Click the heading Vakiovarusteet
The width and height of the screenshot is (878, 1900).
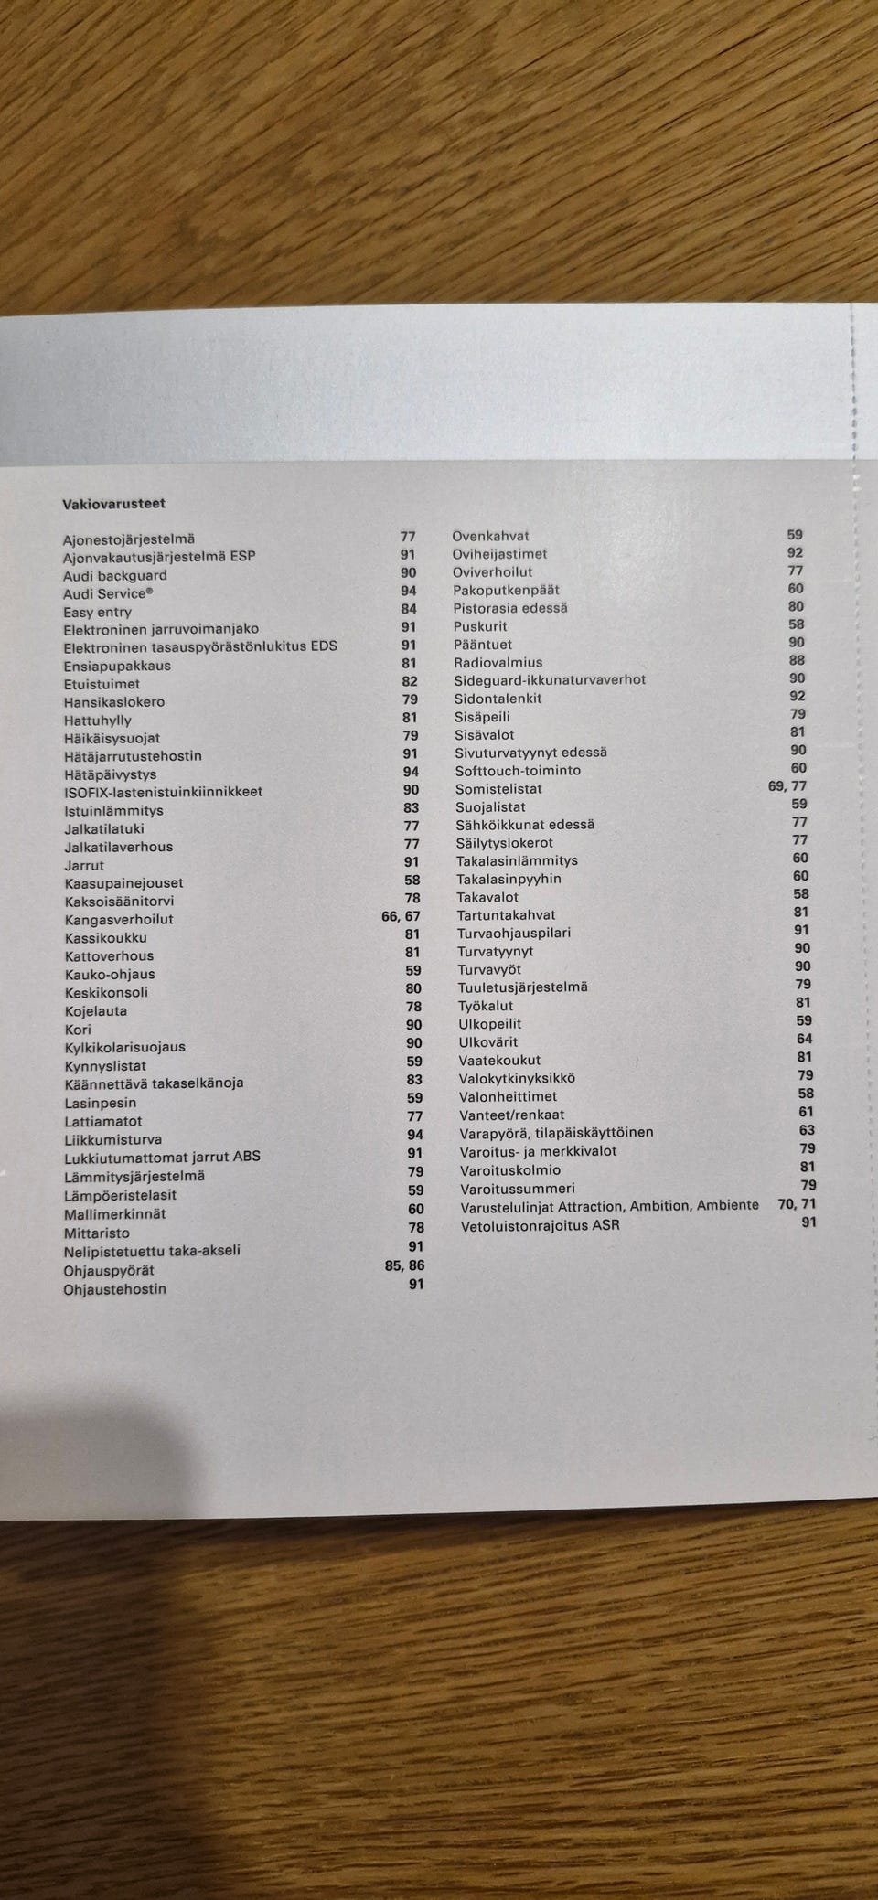113,504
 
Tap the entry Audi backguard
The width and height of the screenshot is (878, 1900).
114,576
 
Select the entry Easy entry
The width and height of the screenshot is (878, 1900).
97,613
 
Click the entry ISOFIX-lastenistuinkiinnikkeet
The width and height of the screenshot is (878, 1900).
163,792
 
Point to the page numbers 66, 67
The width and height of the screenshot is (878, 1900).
401,916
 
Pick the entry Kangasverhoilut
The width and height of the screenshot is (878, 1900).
119,920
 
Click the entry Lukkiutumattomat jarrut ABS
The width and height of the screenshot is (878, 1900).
162,1157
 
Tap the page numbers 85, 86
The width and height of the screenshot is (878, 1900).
404,1266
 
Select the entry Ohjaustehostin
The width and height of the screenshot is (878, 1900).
114,1290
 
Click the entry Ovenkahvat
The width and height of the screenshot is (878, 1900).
490,537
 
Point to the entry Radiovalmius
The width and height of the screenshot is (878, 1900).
498,663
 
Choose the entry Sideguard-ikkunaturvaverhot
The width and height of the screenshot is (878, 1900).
550,680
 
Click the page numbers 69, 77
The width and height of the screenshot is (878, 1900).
787,786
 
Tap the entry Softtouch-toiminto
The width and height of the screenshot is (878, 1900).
518,771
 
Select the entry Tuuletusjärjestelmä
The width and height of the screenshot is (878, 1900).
523,987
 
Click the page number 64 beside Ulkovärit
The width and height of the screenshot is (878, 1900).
804,1040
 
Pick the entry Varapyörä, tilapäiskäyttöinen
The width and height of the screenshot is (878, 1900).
556,1133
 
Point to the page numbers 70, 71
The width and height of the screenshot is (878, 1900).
797,1205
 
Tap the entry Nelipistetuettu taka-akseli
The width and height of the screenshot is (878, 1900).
152,1251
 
